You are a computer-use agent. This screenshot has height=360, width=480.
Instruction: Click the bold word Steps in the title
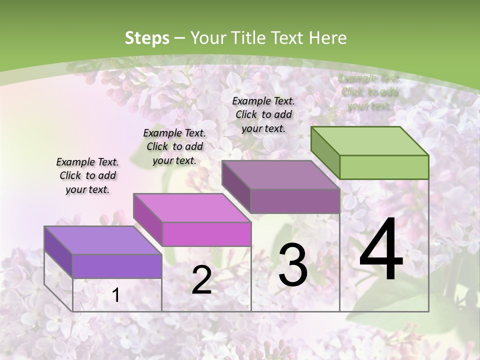click(x=146, y=38)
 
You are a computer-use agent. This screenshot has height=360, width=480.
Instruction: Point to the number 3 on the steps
click(x=292, y=264)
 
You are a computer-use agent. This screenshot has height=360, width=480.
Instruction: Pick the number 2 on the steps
click(x=201, y=280)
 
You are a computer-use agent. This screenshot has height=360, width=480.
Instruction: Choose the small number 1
click(x=115, y=295)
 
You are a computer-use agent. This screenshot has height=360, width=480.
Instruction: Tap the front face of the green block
click(x=384, y=167)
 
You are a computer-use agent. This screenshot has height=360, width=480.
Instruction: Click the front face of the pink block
click(x=206, y=234)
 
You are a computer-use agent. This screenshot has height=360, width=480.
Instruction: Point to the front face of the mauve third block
click(x=295, y=201)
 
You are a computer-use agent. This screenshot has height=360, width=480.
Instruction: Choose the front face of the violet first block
click(x=117, y=266)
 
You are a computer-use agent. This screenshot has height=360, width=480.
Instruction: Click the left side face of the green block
click(x=325, y=152)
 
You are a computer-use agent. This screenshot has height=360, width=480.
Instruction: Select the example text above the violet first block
click(x=87, y=175)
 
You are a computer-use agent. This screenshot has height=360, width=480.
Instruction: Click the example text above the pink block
click(x=174, y=146)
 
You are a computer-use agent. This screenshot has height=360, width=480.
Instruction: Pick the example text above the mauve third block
click(x=263, y=114)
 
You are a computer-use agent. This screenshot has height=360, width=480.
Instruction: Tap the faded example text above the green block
click(x=369, y=92)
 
